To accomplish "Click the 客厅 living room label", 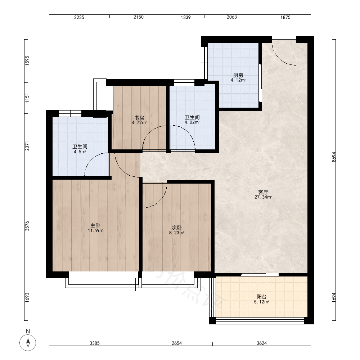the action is coord(263,192).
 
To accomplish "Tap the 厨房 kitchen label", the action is coord(238,75).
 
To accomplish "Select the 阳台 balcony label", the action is coord(261,297).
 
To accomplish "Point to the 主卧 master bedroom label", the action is coord(95,225).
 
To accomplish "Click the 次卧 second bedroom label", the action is coord(176,228).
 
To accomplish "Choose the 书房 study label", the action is coord(139,118).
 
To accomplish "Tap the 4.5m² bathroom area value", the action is coord(80,152).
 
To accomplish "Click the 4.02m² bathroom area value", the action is coord(192,122).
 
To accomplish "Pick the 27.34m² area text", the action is coord(263,197).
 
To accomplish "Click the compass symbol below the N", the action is coord(28,343).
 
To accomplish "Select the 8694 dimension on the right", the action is coord(334,157).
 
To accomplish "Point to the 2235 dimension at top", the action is coord(79,17).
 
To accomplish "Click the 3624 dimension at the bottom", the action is coord(262,343).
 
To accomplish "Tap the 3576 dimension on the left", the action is coord(27,226).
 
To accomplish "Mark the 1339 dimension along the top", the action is coord(186,17).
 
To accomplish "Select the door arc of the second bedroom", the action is coord(158,202).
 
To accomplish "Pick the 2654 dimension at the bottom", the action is coord(177,343).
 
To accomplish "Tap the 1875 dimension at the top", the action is coord(285,17).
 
